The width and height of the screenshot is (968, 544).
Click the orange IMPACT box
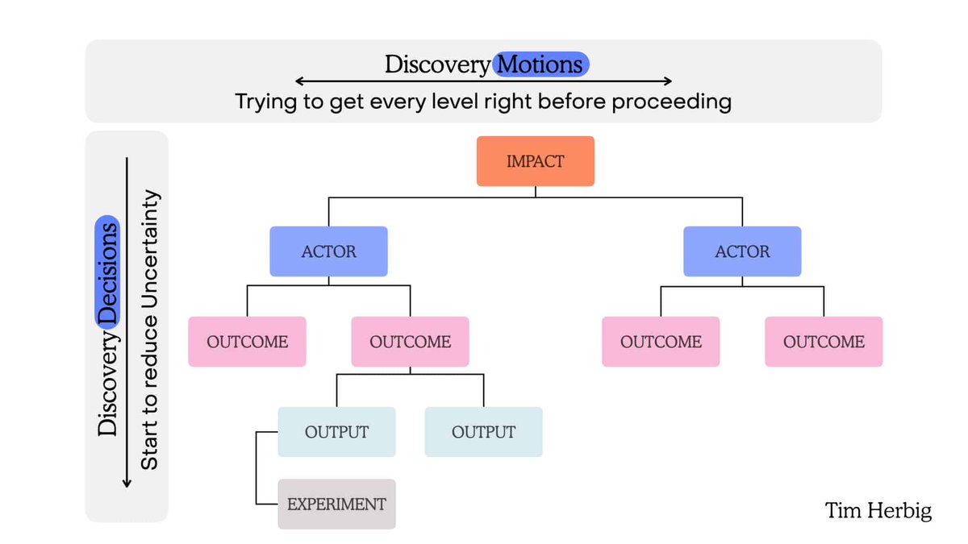click(535, 161)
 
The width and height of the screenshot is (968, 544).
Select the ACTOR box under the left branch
click(328, 251)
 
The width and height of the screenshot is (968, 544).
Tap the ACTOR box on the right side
click(742, 251)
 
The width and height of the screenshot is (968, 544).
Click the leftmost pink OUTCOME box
click(247, 342)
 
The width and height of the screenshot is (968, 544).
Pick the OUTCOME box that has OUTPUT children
click(410, 342)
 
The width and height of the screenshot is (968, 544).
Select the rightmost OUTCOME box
click(824, 342)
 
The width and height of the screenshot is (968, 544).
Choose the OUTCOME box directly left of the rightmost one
click(661, 342)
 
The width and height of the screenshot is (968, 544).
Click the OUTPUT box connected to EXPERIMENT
click(336, 432)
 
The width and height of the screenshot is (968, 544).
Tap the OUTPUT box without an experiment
click(483, 432)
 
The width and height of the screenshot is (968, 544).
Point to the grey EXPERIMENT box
click(336, 505)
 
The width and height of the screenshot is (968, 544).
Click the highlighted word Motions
click(541, 64)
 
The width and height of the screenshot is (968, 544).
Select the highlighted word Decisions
click(107, 272)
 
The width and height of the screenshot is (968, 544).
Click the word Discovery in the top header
click(436, 64)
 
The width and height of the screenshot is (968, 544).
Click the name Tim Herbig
click(878, 510)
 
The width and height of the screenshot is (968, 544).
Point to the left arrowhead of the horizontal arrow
click(298, 81)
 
